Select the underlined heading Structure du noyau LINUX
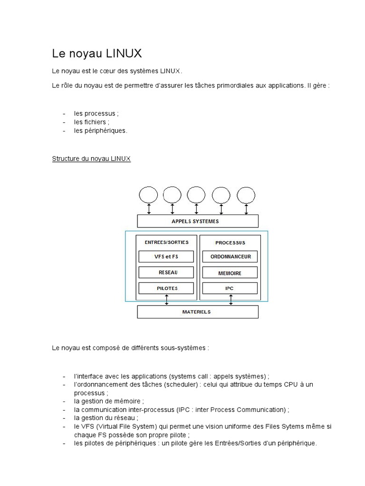point(91,159)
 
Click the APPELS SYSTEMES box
point(197,221)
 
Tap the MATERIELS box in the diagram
point(197,312)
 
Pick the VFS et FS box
point(166,257)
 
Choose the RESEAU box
point(166,272)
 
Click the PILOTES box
point(166,288)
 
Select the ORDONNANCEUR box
point(230,257)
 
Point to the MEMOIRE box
point(230,273)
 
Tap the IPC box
point(230,288)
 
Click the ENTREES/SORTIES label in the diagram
point(166,242)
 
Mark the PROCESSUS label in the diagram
point(230,243)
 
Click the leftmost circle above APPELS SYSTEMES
point(148,195)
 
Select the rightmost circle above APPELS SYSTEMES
point(246,195)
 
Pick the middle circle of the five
point(196,195)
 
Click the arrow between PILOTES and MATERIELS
point(166,300)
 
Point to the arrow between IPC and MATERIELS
point(231,300)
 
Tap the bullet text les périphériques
point(100,131)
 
